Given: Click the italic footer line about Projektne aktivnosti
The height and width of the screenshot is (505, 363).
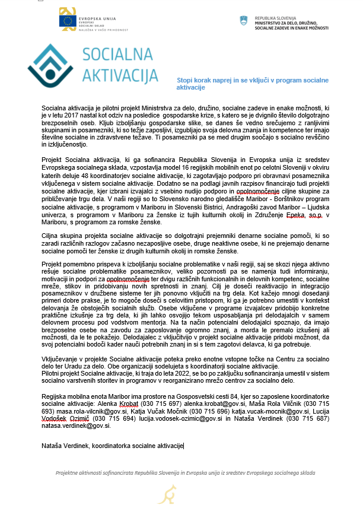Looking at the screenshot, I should pos(181,473).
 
